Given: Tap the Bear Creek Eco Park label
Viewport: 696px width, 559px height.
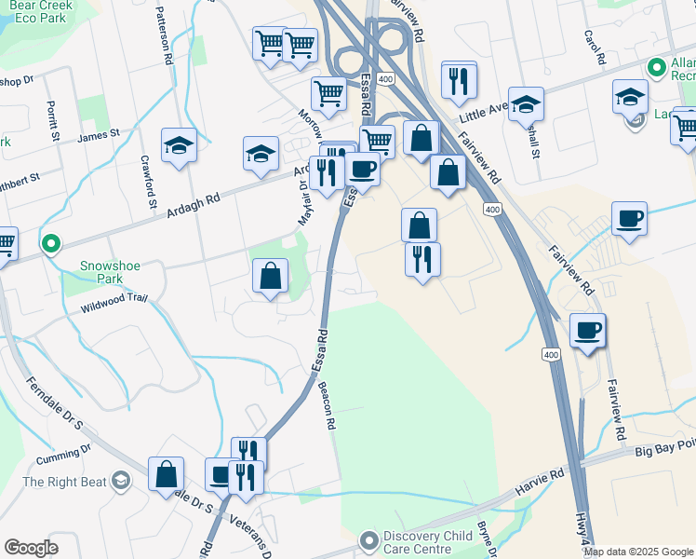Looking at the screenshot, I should tap(38, 10).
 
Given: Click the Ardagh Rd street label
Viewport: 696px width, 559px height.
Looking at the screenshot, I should tap(193, 206).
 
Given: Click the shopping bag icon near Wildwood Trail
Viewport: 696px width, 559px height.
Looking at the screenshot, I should tap(270, 276).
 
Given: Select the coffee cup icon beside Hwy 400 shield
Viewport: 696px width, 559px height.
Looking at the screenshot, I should tap(587, 330).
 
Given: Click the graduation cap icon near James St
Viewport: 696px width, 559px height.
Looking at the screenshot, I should tap(179, 145).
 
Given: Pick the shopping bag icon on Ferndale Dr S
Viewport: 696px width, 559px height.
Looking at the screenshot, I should tap(166, 473).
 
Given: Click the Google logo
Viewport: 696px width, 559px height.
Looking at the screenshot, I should tap(32, 547).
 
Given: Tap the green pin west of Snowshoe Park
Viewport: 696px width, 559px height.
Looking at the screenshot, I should tap(51, 244).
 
